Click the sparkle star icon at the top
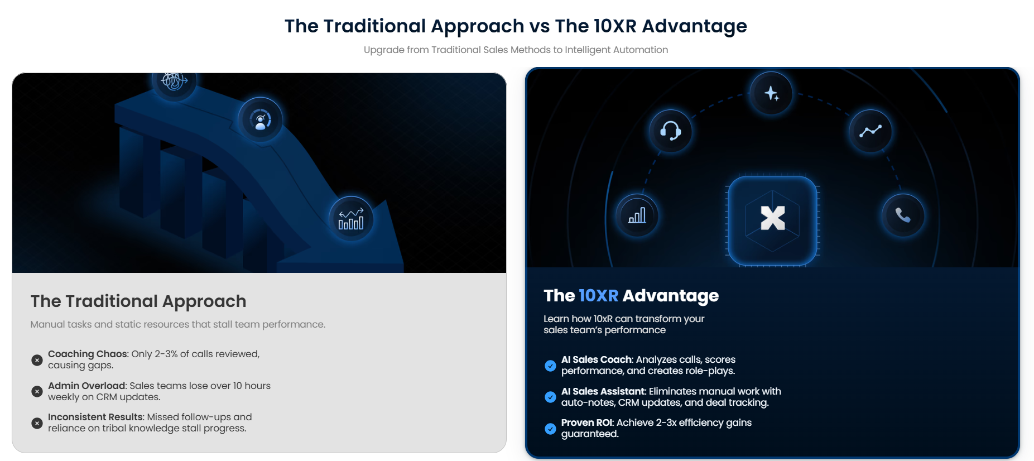771,93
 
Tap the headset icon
670,131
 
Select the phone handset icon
902,215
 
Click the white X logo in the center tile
773,218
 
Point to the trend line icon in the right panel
871,131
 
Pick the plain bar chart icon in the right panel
637,215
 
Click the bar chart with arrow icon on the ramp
351,219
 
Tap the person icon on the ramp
261,120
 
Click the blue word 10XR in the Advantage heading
598,295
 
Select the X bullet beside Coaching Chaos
37,360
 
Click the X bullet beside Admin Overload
37,392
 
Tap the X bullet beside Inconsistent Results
37,423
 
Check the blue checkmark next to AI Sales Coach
550,366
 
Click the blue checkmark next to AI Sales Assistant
550,397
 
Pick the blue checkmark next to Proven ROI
550,429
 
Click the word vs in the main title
540,26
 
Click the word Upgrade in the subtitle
384,50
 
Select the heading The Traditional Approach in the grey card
138,301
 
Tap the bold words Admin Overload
87,386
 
